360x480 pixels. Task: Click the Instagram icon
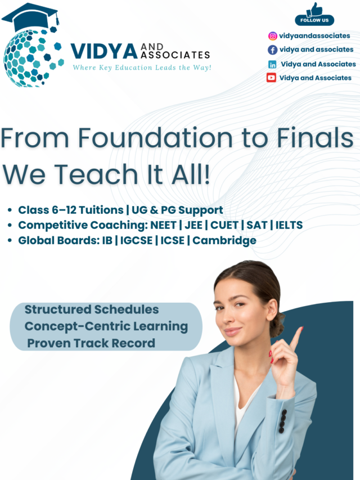pyautogui.click(x=273, y=36)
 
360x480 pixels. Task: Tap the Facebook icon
pyautogui.click(x=273, y=50)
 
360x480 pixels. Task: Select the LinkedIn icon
pyautogui.click(x=273, y=64)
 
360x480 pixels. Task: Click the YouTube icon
pyautogui.click(x=272, y=78)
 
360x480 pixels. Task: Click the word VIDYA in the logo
pyautogui.click(x=104, y=51)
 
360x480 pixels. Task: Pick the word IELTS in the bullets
pyautogui.click(x=289, y=225)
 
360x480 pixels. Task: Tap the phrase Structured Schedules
pyautogui.click(x=92, y=309)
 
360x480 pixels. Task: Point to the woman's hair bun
pyautogui.click(x=276, y=327)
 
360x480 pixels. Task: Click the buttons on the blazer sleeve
pyautogui.click(x=282, y=420)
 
